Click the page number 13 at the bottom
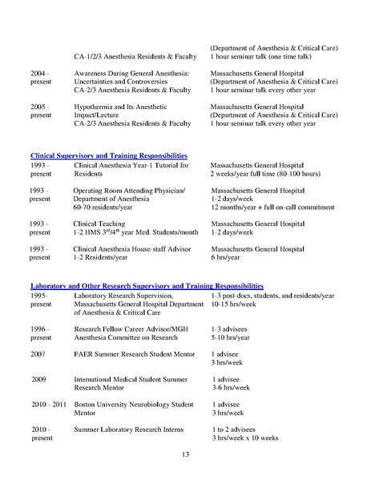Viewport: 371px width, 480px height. click(x=185, y=455)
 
